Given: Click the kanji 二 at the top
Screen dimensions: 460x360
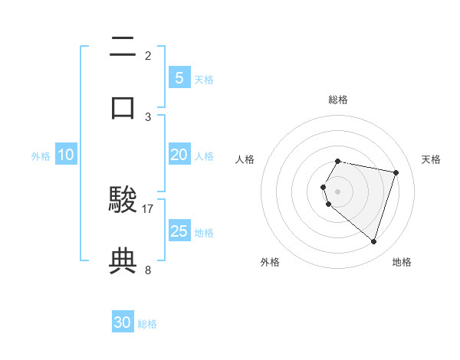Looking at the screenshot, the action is pyautogui.click(x=123, y=51).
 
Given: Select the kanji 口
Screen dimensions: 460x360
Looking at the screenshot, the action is pyautogui.click(x=123, y=106).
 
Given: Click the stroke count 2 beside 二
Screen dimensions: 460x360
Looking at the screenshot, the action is pyautogui.click(x=148, y=55).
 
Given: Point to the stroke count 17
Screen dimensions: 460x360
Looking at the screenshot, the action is pyautogui.click(x=148, y=208).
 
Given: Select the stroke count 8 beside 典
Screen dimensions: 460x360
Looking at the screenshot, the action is pyautogui.click(x=148, y=270).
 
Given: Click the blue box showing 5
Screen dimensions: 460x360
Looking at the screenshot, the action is pyautogui.click(x=179, y=77).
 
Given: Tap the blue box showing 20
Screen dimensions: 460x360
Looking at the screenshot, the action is pyautogui.click(x=179, y=155).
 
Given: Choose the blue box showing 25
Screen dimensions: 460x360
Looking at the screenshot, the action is pyautogui.click(x=179, y=231).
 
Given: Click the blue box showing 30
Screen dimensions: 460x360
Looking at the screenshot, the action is pyautogui.click(x=123, y=322).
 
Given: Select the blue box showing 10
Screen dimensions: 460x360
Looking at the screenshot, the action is pyautogui.click(x=66, y=155).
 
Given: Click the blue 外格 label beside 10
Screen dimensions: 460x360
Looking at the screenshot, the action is pyautogui.click(x=41, y=156).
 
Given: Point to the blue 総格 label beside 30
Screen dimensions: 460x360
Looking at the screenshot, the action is pyautogui.click(x=147, y=324).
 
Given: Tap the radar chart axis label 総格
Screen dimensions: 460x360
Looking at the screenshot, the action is pyautogui.click(x=338, y=100).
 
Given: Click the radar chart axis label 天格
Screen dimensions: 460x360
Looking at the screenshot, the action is pyautogui.click(x=431, y=159).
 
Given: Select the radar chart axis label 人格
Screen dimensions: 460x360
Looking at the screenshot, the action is pyautogui.click(x=245, y=159).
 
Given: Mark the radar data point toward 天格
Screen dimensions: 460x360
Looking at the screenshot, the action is pyautogui.click(x=396, y=173).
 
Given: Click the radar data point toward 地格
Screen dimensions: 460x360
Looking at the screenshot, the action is pyautogui.click(x=373, y=241).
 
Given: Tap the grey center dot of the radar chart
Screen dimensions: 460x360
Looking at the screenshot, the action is pyautogui.click(x=338, y=191).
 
